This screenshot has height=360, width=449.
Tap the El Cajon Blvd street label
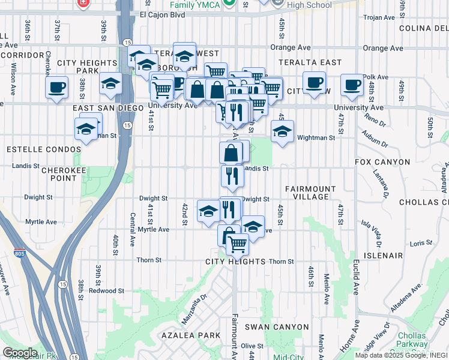tap(162, 15)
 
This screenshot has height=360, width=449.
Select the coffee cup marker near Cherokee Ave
tap(56, 88)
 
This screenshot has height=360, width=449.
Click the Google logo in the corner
tap(19, 353)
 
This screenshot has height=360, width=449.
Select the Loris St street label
tap(421, 243)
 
